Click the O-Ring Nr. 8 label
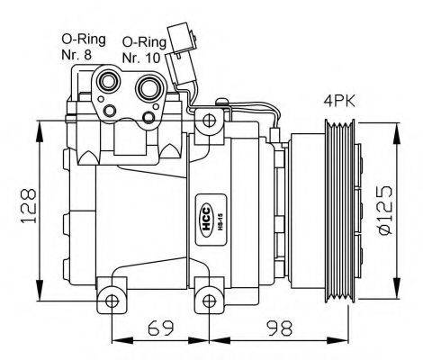[80, 46]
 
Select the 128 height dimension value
[29, 208]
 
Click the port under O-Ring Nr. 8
[109, 83]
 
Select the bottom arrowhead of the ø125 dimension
[397, 293]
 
